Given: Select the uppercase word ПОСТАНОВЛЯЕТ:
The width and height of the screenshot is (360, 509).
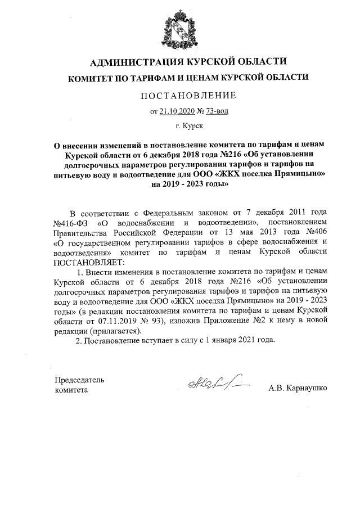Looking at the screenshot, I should coord(87,262).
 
